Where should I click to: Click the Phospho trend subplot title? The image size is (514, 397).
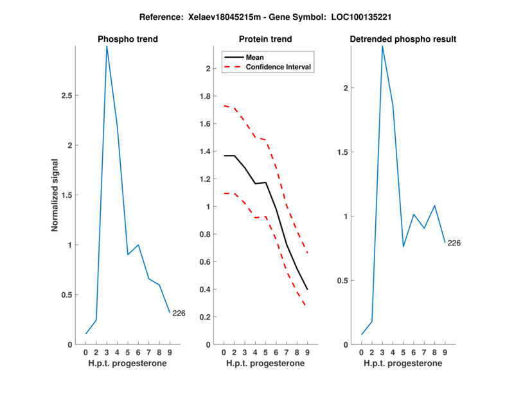point(128,39)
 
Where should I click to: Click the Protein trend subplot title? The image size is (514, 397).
point(265,39)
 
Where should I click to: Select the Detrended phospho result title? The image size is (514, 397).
point(403,39)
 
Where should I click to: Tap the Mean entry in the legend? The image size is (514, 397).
point(255,57)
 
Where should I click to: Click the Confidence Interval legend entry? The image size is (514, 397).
point(279,67)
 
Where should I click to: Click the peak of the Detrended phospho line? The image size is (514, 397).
point(382,46)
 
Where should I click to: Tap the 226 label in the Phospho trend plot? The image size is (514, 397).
point(179,313)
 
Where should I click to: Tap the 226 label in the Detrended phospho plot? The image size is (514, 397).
point(454,243)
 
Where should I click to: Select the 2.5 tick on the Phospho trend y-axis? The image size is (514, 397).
point(65,96)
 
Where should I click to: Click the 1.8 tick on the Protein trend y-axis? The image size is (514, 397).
point(206,96)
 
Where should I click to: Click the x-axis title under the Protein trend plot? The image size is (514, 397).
point(265,364)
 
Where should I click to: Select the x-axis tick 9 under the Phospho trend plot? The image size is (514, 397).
point(170,352)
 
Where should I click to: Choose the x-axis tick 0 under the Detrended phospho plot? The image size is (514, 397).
point(361,352)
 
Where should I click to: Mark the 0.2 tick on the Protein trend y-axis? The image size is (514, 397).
point(206,317)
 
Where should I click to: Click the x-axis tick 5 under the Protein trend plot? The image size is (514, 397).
point(265,352)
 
